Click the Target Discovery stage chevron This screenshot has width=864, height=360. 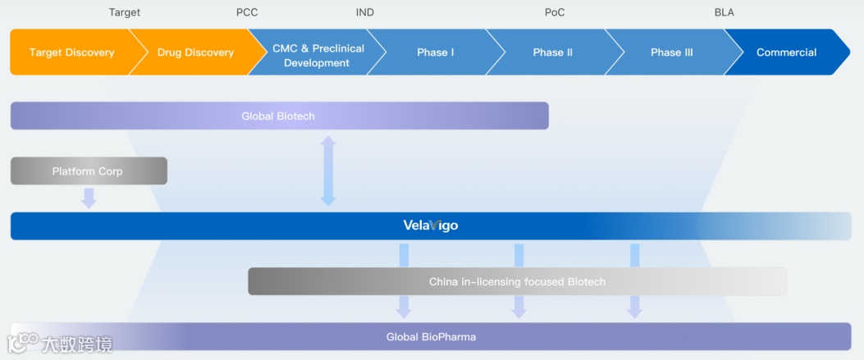point(71,52)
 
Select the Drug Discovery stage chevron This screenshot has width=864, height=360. point(195,52)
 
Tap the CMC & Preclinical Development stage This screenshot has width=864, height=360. point(317,56)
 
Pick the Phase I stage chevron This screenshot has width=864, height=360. point(435,52)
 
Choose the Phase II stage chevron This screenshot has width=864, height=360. point(552,52)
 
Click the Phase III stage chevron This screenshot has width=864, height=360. point(671,52)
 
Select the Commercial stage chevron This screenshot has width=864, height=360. point(786,52)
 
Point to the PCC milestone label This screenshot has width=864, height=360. point(247,12)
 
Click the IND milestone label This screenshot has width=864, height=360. point(365,12)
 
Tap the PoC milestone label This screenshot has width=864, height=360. point(555,12)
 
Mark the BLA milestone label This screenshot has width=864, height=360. point(725,12)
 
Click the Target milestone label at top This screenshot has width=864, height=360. point(125,12)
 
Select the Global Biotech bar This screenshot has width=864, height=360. point(279,116)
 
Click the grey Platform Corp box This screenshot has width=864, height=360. point(88,171)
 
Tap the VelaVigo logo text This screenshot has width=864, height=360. point(431,226)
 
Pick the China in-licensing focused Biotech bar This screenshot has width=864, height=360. point(517,281)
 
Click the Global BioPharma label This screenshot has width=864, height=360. point(431,336)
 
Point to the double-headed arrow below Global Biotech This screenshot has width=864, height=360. point(328,171)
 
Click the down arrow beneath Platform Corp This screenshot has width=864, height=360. point(89,198)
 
